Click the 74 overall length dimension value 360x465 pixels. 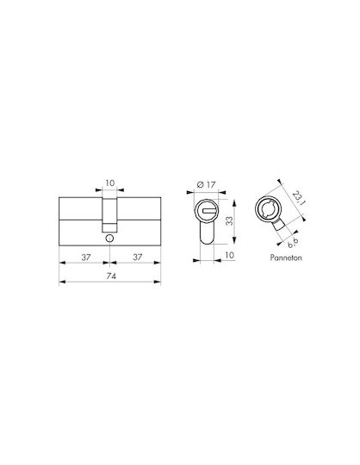click(111, 276)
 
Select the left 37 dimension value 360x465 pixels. click(86, 257)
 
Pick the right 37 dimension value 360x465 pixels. click(137, 257)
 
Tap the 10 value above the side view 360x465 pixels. click(109, 183)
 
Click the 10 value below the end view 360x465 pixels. click(230, 255)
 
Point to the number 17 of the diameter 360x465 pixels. click(210, 185)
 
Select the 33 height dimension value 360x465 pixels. click(229, 221)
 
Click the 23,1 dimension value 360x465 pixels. click(299, 198)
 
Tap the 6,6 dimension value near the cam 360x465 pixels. click(293, 243)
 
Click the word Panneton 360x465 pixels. click(286, 257)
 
